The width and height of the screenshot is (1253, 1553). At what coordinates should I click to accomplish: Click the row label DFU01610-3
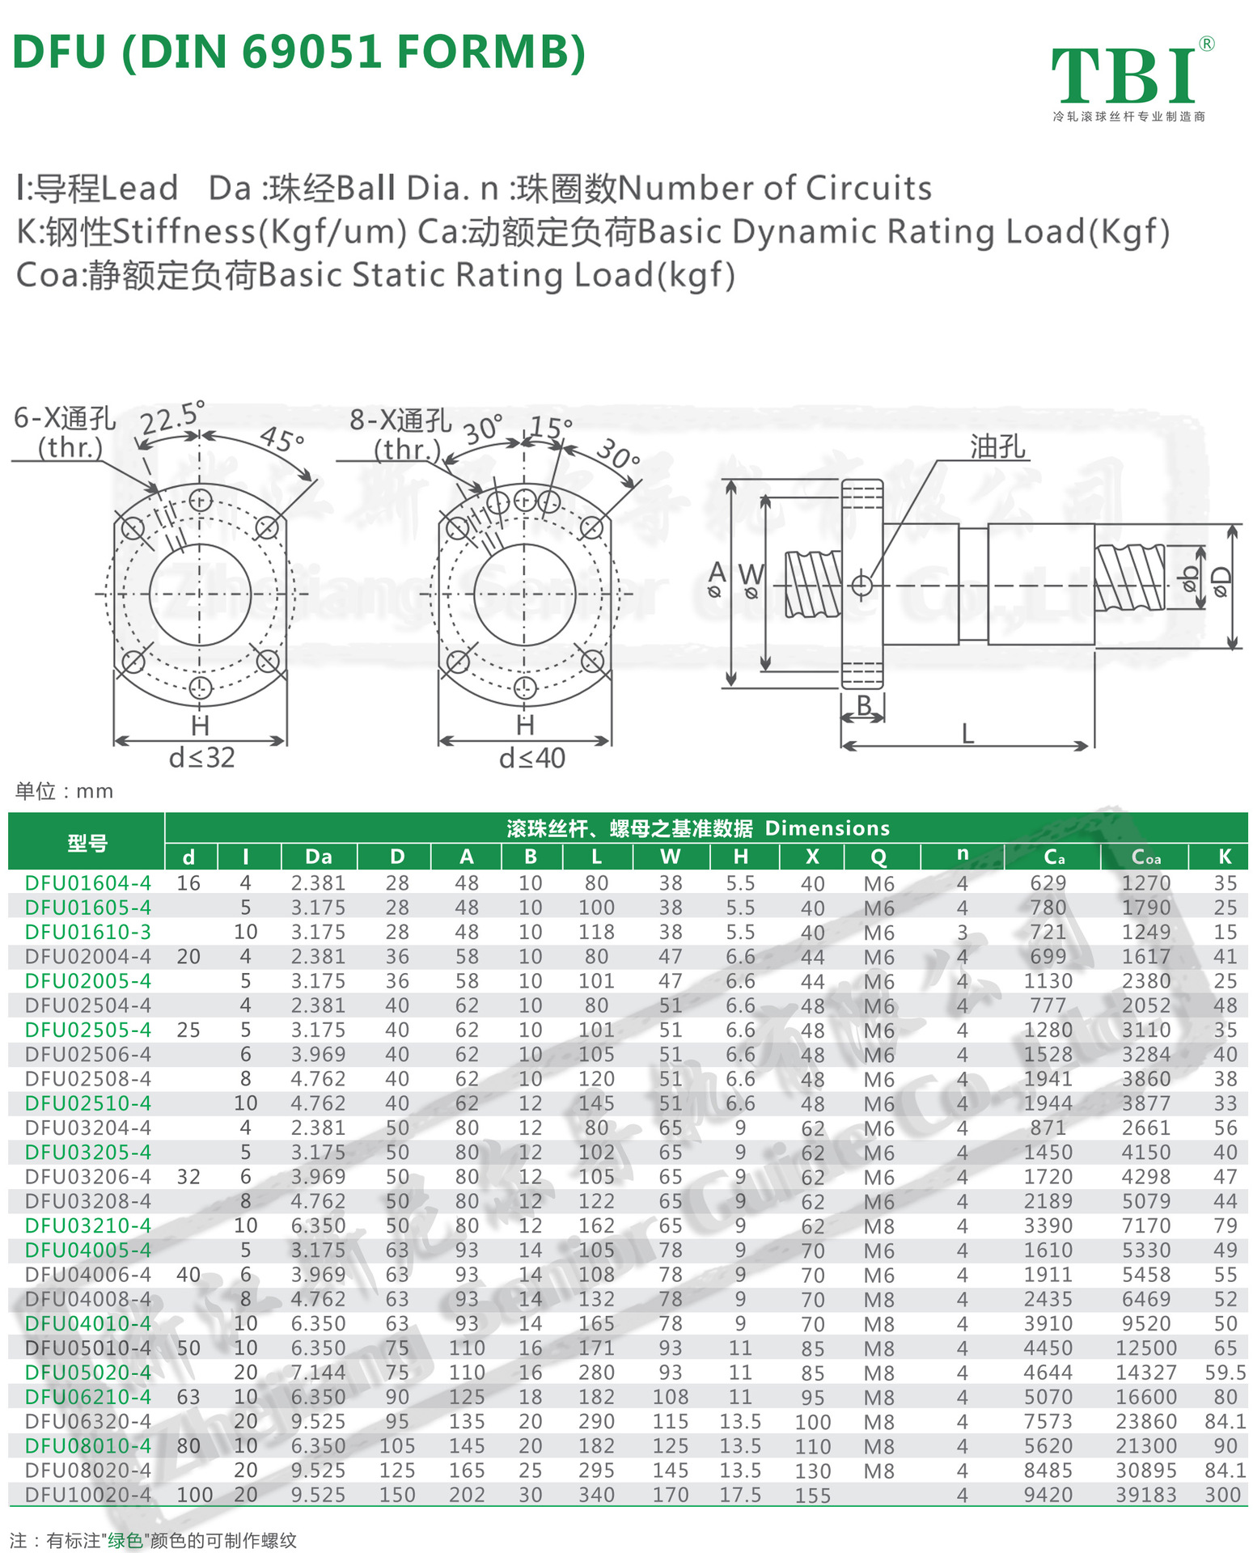pyautogui.click(x=87, y=932)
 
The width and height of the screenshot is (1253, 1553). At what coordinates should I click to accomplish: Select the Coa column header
pyautogui.click(x=1145, y=857)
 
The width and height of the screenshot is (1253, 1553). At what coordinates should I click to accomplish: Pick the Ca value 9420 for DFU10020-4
pyautogui.click(x=1048, y=1496)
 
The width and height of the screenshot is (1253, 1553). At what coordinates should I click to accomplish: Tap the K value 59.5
pyautogui.click(x=1225, y=1373)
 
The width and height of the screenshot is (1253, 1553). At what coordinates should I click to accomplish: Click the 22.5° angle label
pyautogui.click(x=171, y=418)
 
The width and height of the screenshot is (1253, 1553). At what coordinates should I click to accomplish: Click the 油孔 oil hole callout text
pyautogui.click(x=997, y=446)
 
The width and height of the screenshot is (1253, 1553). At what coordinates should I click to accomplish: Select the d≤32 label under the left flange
pyautogui.click(x=201, y=758)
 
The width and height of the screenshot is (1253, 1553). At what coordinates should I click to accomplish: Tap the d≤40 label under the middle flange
pyautogui.click(x=531, y=759)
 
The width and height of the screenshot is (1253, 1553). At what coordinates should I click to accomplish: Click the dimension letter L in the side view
pyautogui.click(x=967, y=734)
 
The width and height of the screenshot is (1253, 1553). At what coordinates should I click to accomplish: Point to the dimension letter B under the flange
pyautogui.click(x=863, y=705)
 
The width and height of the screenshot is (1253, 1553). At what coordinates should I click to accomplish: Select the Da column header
pyautogui.click(x=319, y=857)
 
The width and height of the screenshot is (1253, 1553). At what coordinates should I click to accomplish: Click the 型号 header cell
pyautogui.click(x=87, y=843)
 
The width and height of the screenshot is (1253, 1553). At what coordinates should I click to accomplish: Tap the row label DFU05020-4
pyautogui.click(x=87, y=1373)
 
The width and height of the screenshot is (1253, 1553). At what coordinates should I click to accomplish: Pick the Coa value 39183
pyautogui.click(x=1145, y=1496)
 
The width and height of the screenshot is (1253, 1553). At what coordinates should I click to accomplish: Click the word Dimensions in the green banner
pyautogui.click(x=827, y=828)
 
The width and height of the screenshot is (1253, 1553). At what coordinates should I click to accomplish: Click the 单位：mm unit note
pyautogui.click(x=64, y=791)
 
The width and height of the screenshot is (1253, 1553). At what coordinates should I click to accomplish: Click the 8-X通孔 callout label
pyautogui.click(x=400, y=421)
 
